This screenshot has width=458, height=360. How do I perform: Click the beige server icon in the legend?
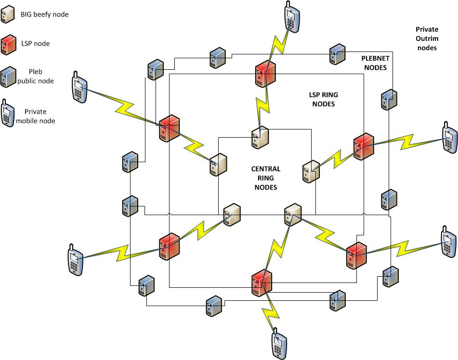[7, 15]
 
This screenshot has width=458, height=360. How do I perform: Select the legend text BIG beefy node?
[44, 14]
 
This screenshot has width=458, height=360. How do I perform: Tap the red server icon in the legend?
[7, 44]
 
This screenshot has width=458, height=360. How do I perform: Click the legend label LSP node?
[35, 44]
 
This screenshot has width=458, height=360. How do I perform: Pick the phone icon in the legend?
[8, 113]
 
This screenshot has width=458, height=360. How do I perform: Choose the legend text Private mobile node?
[35, 116]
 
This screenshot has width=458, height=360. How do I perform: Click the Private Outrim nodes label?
[427, 39]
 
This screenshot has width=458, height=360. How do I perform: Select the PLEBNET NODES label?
[374, 63]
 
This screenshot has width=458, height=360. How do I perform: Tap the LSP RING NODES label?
[321, 99]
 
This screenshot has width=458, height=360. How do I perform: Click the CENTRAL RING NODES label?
[265, 178]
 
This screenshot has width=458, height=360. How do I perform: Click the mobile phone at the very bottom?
[279, 343]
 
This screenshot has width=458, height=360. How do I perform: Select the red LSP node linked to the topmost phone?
[265, 73]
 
